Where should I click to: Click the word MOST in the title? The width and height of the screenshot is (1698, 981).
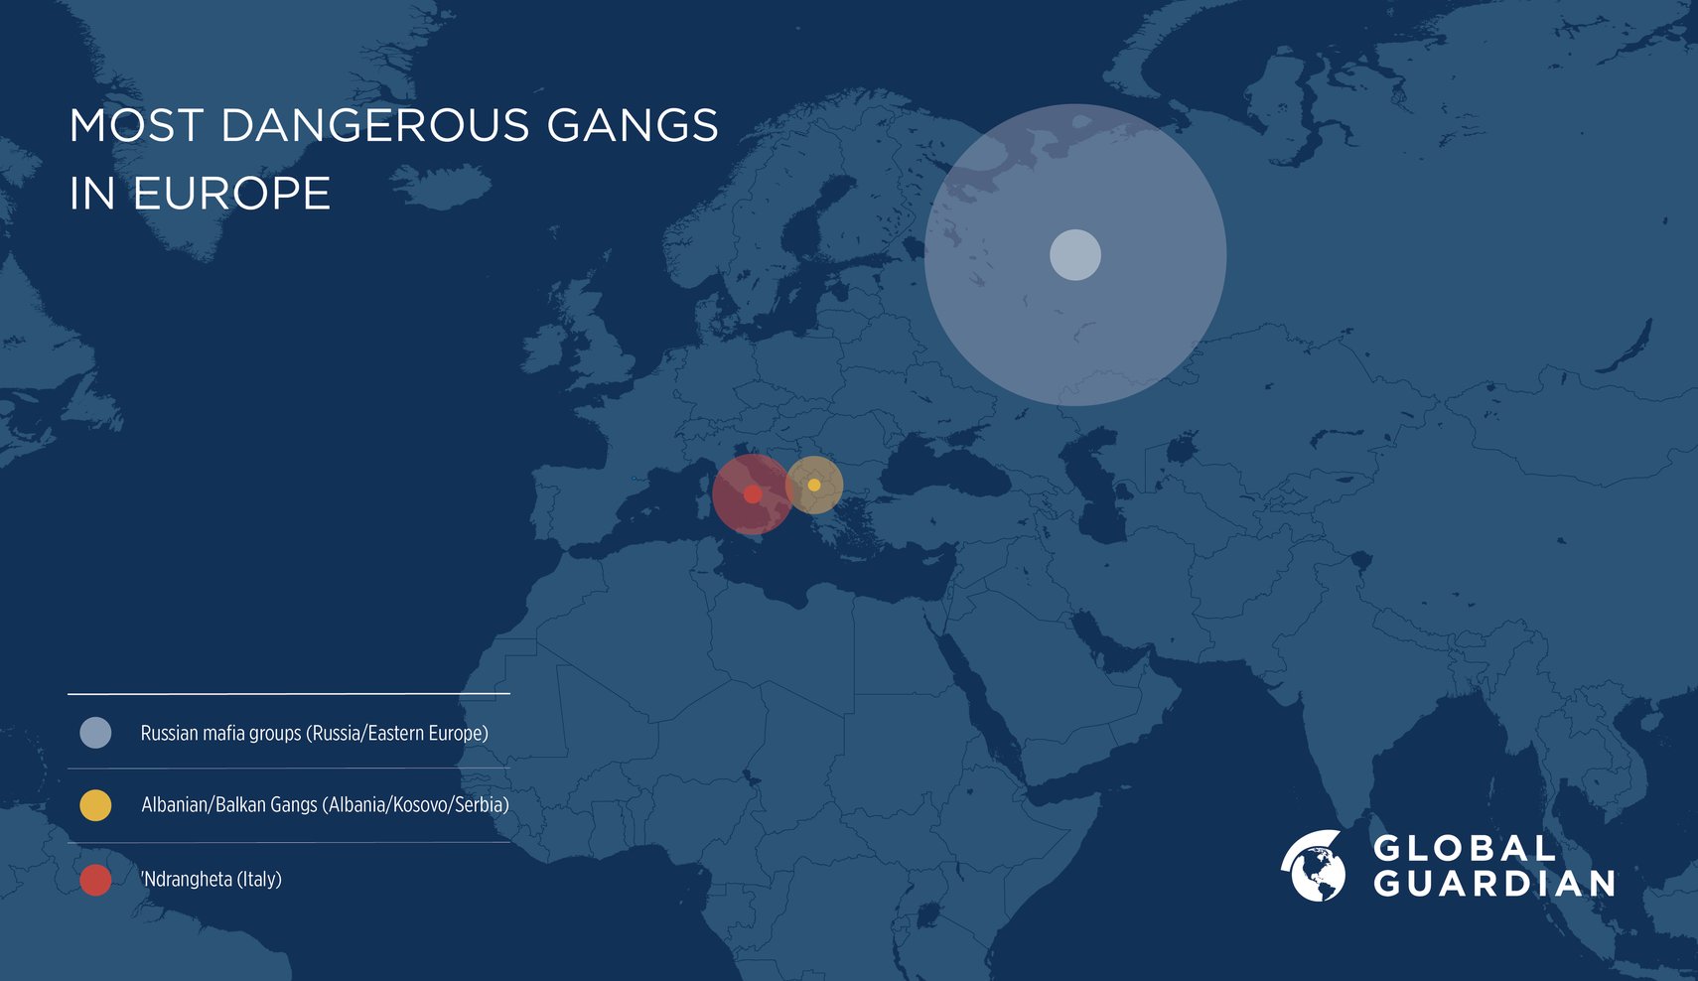coord(137,126)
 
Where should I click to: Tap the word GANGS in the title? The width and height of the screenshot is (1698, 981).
coord(632,126)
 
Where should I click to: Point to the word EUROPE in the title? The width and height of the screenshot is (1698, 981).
coord(231,194)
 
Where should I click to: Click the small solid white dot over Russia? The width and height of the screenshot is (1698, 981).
coord(1075,255)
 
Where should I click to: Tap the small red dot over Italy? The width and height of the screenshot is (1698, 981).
coord(753,494)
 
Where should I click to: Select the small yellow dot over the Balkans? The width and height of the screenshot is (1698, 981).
coord(814,485)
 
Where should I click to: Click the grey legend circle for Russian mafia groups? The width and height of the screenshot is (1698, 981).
coord(95,733)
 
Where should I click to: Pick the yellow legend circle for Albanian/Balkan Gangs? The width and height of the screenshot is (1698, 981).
coord(95,805)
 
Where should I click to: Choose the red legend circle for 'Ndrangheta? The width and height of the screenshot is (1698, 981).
coord(95,880)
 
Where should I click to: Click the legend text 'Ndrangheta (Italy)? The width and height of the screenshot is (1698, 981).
coord(212,880)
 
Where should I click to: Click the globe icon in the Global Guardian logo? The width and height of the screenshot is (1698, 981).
coord(1314,866)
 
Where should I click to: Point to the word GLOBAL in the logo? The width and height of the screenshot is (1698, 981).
coord(1465,849)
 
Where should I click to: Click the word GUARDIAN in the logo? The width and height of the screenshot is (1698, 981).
coord(1494,884)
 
